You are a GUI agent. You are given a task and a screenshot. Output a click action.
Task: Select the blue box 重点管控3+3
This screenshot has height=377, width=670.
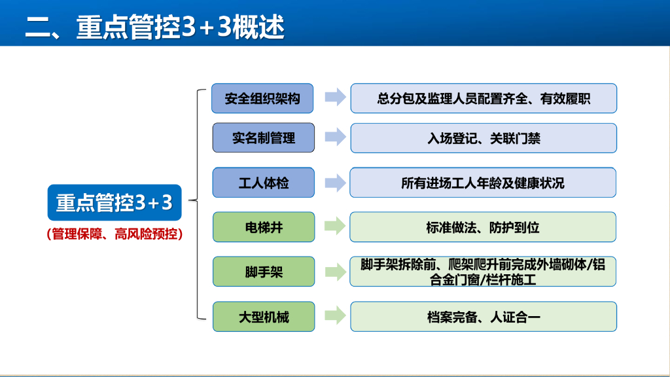coord(114,203)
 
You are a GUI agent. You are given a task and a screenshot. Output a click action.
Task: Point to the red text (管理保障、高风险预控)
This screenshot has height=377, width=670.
coord(114,234)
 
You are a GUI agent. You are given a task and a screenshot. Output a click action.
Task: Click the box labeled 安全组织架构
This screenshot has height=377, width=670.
coord(262,98)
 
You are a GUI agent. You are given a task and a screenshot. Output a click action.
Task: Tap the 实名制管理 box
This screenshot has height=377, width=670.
coord(264,138)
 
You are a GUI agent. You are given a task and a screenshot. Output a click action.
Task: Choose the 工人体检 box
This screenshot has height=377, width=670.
coord(264,183)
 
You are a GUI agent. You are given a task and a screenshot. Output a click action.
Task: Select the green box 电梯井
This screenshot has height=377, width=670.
coord(264,227)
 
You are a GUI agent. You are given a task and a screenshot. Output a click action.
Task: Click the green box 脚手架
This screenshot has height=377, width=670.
coord(264,272)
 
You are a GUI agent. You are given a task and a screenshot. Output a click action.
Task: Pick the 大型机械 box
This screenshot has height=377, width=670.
coord(264,317)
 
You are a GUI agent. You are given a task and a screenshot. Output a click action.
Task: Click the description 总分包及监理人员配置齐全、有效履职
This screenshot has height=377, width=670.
coord(484,98)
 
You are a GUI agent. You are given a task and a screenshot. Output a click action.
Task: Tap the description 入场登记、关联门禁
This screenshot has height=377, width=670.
coord(484,138)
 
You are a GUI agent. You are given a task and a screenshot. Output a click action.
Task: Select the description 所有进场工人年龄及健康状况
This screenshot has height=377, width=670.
coord(483,183)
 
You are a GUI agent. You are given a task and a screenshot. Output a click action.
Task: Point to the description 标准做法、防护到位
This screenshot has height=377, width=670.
coord(484,227)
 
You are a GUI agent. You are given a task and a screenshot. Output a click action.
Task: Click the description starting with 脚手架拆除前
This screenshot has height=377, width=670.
coord(484,272)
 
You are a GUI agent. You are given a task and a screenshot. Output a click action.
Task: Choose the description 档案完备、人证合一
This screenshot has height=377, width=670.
coord(484,317)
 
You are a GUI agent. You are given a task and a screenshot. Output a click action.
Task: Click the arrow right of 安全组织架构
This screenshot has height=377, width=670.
coord(335,98)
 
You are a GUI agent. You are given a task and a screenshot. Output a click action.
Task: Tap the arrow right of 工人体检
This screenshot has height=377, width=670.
coord(335,183)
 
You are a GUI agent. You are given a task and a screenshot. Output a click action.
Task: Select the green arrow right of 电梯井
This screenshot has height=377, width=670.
coord(335,227)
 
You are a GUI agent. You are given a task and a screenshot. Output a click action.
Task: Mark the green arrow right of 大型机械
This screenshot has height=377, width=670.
coord(335,317)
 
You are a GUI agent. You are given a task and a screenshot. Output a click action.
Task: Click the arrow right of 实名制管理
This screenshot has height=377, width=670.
coord(335,138)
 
